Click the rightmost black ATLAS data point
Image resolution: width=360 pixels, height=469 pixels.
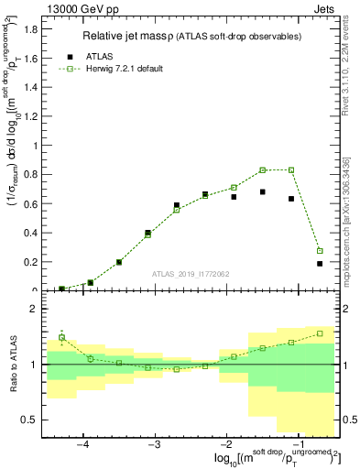tap(320, 264)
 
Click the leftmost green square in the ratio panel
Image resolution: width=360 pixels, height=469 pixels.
tap(61, 337)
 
